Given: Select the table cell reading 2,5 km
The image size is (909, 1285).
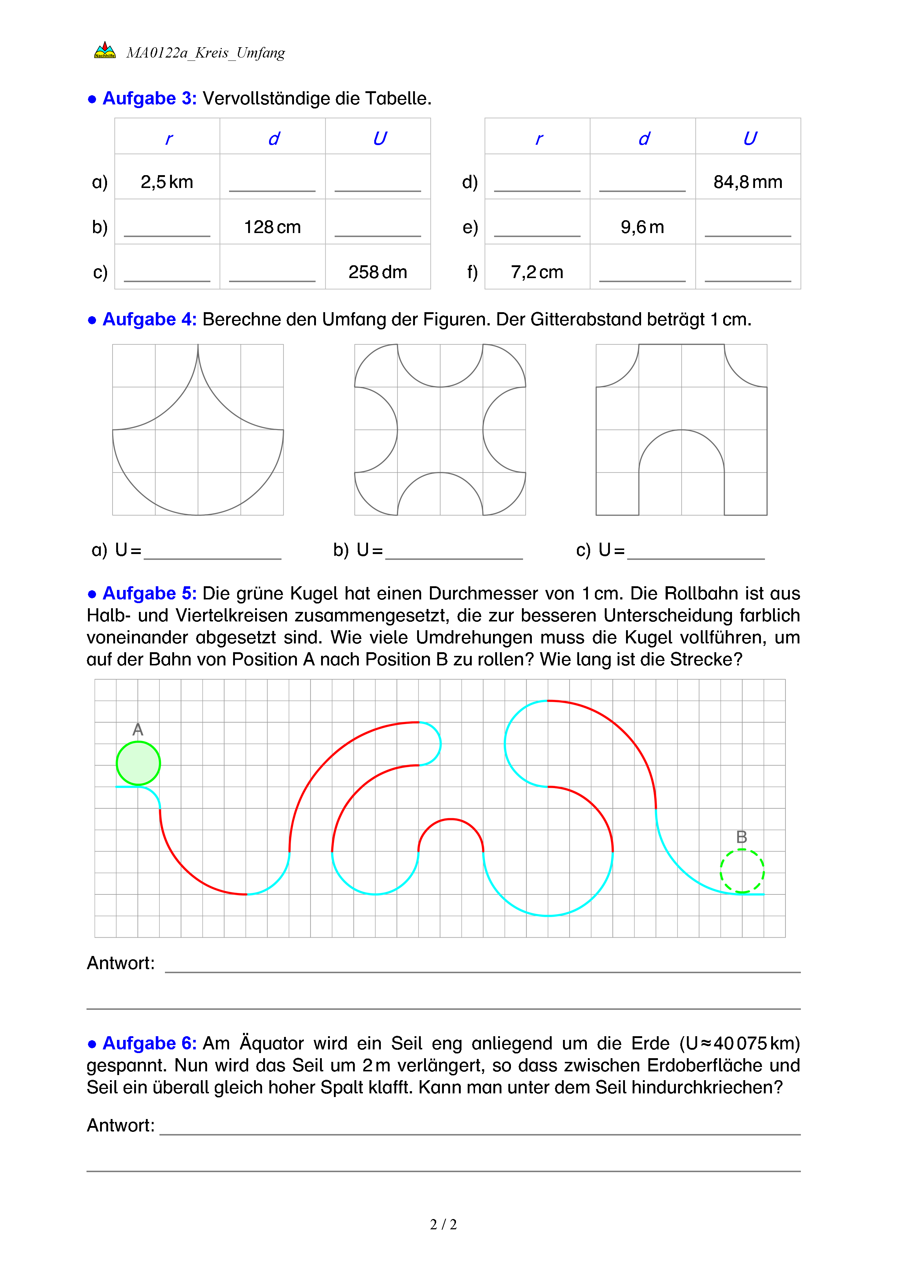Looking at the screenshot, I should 167,182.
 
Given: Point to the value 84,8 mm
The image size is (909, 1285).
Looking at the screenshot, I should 747,182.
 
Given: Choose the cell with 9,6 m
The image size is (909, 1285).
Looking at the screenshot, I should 642,227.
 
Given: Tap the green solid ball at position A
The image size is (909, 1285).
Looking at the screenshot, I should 138,763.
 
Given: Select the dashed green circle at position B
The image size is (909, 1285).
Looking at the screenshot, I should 741,871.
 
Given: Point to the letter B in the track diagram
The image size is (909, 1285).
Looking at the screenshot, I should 741,837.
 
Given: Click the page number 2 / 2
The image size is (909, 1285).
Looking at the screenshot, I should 443,1225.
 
